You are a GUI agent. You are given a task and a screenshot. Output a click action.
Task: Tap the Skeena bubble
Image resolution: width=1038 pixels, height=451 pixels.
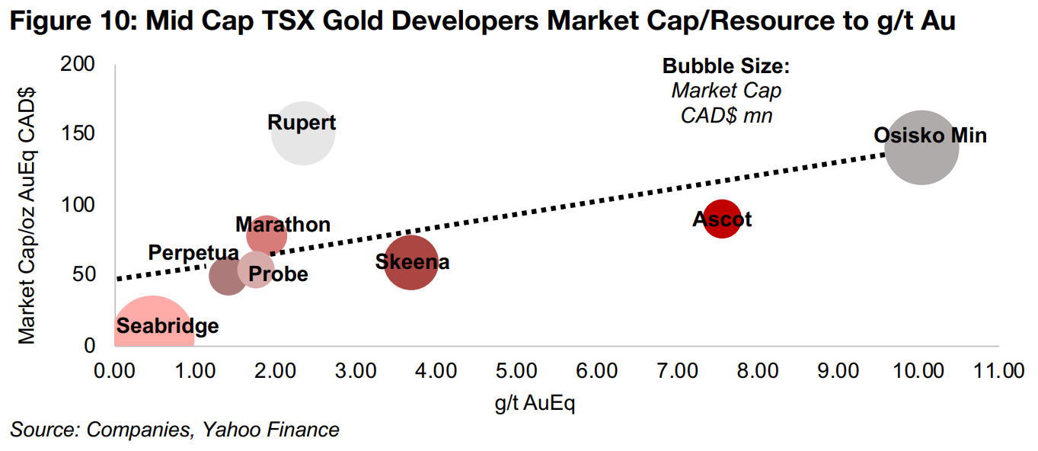[411, 262]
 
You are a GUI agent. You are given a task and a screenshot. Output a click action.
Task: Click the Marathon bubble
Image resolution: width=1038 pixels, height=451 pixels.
[267, 235]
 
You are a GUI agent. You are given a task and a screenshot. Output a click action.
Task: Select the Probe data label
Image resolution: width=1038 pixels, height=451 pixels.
[278, 274]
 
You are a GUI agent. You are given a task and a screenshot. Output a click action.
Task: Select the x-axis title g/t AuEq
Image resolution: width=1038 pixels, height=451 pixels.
[534, 403]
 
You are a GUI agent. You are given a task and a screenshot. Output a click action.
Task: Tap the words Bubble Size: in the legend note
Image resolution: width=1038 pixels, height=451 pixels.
[726, 66]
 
